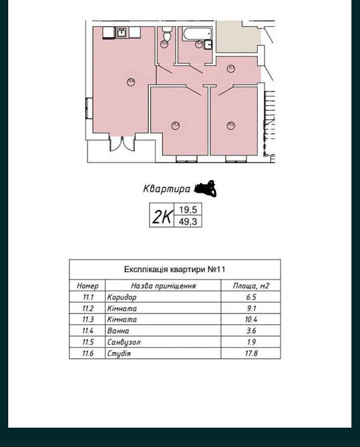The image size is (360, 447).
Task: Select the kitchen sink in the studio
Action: [x=122, y=31]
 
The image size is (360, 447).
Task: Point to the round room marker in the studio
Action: [x=131, y=83]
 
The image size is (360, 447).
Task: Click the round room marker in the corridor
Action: [x=230, y=67]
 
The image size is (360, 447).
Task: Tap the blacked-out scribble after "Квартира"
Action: [x=206, y=189]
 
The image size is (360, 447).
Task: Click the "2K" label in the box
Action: [x=162, y=216]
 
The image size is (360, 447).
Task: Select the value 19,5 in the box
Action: [x=188, y=209]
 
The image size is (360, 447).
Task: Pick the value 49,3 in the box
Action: [x=188, y=222]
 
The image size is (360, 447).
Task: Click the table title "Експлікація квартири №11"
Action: [x=174, y=270]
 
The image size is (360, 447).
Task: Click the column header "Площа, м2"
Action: [x=250, y=286]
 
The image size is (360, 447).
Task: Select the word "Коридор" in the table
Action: [x=122, y=297]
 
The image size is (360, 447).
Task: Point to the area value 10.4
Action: [x=250, y=320]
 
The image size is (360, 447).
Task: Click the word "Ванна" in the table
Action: [x=118, y=331]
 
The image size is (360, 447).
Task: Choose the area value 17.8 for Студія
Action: [x=250, y=354]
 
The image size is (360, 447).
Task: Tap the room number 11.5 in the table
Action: [x=87, y=342]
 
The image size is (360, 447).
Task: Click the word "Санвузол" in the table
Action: [x=124, y=342]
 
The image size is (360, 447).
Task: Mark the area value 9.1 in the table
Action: [x=250, y=308]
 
